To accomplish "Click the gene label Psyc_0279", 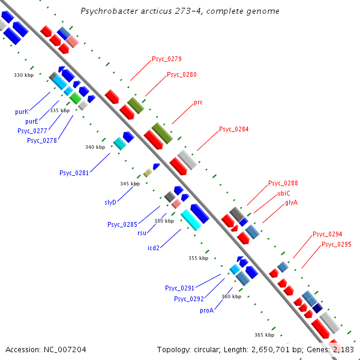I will (167, 59).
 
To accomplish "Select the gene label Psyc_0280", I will (182, 75).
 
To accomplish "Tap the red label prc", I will (198, 103).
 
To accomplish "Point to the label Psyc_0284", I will (233, 130).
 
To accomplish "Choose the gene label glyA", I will (292, 203).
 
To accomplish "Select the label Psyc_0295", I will (337, 245).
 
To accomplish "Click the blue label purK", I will (22, 112).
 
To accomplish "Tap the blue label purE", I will (32, 121).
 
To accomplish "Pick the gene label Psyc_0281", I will (74, 173).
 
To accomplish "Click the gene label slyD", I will (110, 203).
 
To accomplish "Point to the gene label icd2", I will (154, 248).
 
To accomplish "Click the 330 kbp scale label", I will (24, 75).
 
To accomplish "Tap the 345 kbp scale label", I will (130, 184).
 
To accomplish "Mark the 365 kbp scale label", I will (264, 335).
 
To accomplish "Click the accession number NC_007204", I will (64, 349).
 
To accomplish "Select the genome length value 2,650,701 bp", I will (240, 349).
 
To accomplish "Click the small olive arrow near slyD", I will (148, 173).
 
